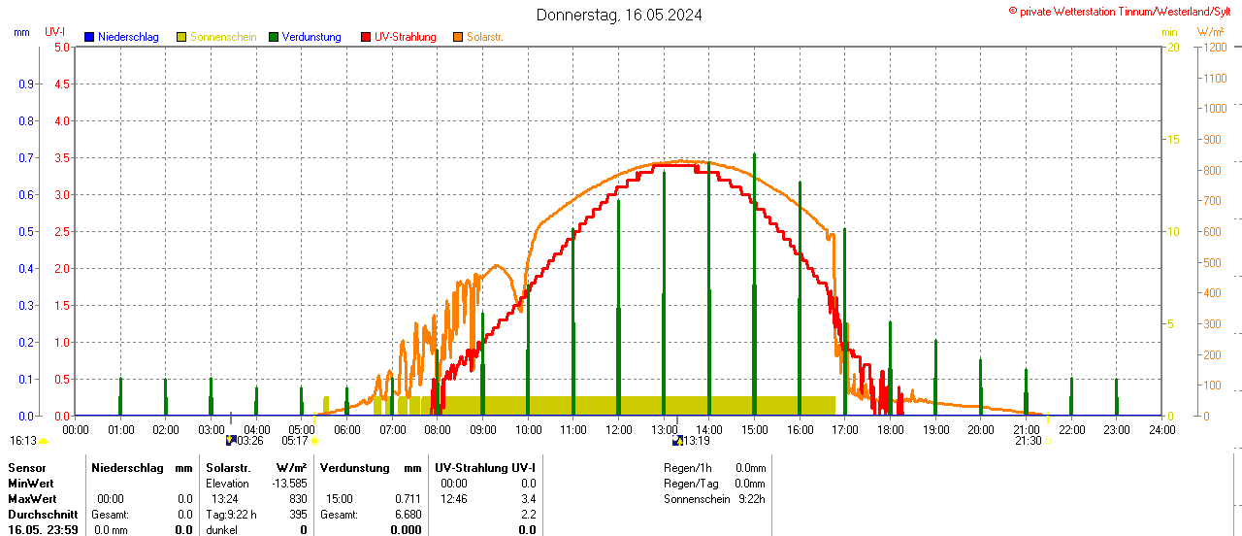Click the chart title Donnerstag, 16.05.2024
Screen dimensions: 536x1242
coord(619,15)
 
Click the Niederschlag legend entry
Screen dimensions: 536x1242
coord(121,37)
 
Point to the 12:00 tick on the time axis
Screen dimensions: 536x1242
coord(619,429)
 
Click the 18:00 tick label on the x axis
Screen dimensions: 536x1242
coord(890,429)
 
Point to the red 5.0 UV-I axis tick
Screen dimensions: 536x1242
coord(62,47)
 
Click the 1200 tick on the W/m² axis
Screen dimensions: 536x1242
coord(1214,47)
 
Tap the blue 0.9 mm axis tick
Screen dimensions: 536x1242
coord(27,84)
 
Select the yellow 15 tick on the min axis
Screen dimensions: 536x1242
coord(1172,139)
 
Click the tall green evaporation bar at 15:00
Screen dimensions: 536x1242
coord(754,282)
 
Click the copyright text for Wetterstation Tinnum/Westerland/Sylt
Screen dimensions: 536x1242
coord(1123,11)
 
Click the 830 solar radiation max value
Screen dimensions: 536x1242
coord(298,499)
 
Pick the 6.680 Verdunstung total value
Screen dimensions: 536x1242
coord(409,515)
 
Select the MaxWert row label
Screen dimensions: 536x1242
coord(32,499)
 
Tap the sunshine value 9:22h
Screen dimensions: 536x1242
coord(752,499)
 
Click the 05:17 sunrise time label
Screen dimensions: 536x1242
coord(294,441)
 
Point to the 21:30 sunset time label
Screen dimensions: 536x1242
coord(1028,441)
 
